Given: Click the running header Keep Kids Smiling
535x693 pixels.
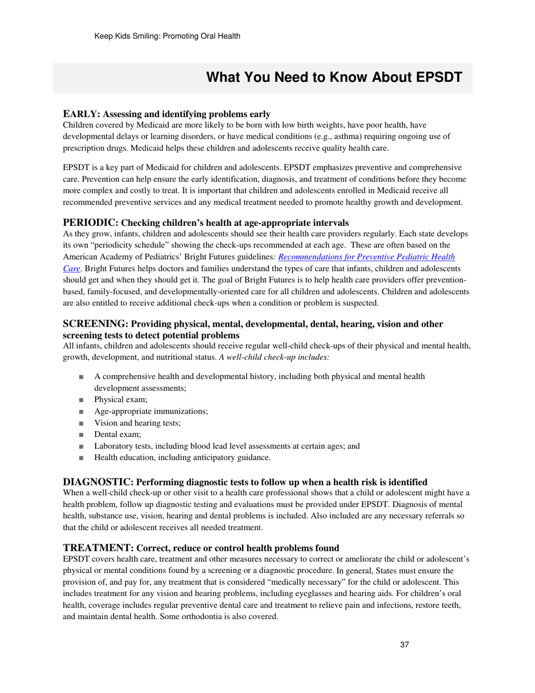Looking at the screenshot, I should (x=167, y=36).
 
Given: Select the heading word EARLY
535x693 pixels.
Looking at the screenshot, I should (x=81, y=114).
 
